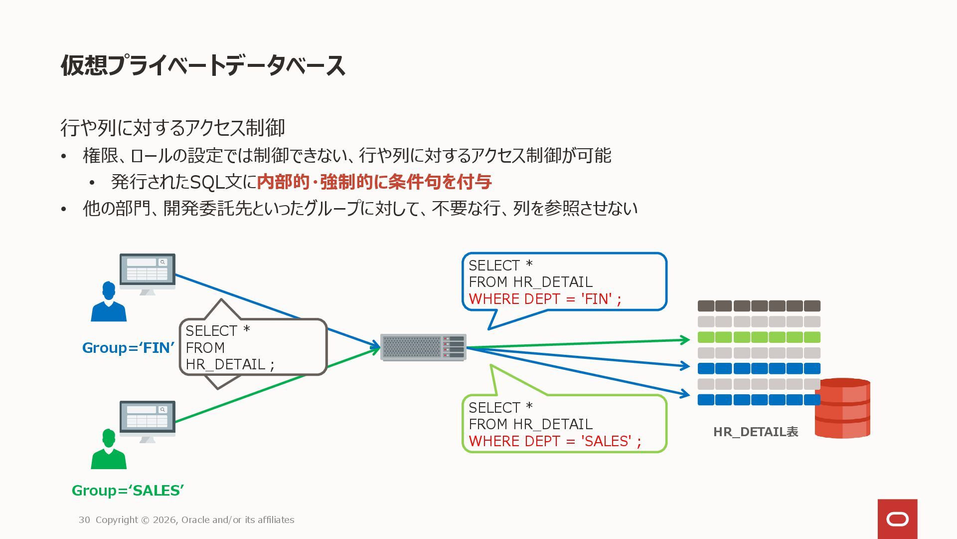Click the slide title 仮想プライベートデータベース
click(203, 65)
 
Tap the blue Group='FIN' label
click(128, 348)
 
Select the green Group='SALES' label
click(128, 491)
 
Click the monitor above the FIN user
click(148, 272)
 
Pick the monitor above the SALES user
click(148, 419)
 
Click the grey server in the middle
click(423, 347)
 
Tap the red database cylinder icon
click(842, 408)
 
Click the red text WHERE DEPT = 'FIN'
click(545, 299)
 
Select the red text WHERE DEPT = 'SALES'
click(555, 441)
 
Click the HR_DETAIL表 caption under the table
click(756, 432)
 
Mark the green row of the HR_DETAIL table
click(759, 337)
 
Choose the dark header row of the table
click(759, 306)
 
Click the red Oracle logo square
click(897, 519)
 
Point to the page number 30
click(84, 520)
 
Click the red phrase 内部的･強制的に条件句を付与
click(374, 182)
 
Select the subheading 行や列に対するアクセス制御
click(172, 128)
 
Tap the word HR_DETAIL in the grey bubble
click(225, 365)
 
